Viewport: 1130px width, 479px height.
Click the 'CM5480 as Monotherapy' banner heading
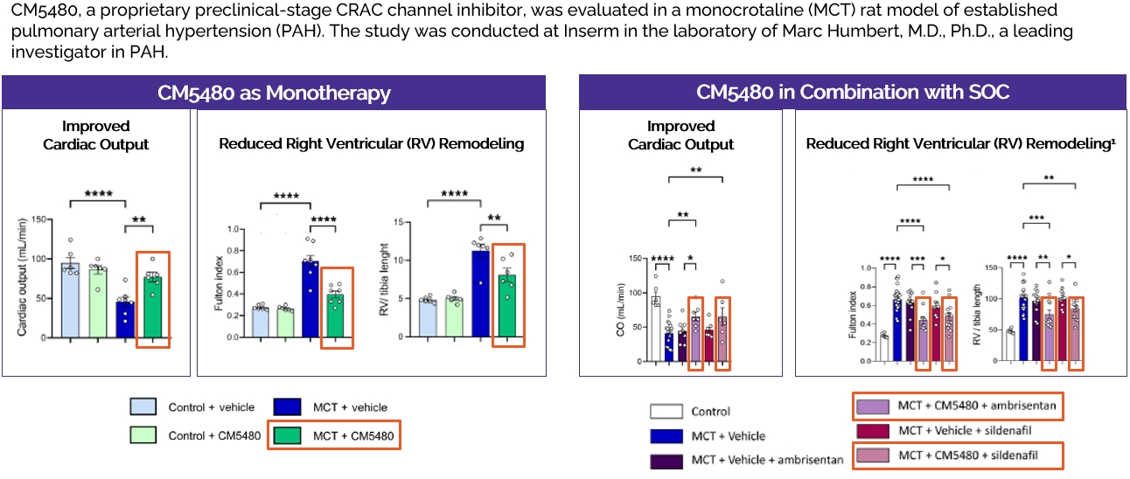point(274,93)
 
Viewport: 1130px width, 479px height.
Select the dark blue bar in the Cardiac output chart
point(126,319)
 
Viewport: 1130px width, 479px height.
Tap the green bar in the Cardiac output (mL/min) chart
point(153,306)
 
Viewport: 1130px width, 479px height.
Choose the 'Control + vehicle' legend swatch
point(146,406)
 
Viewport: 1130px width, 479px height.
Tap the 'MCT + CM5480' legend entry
point(335,434)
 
